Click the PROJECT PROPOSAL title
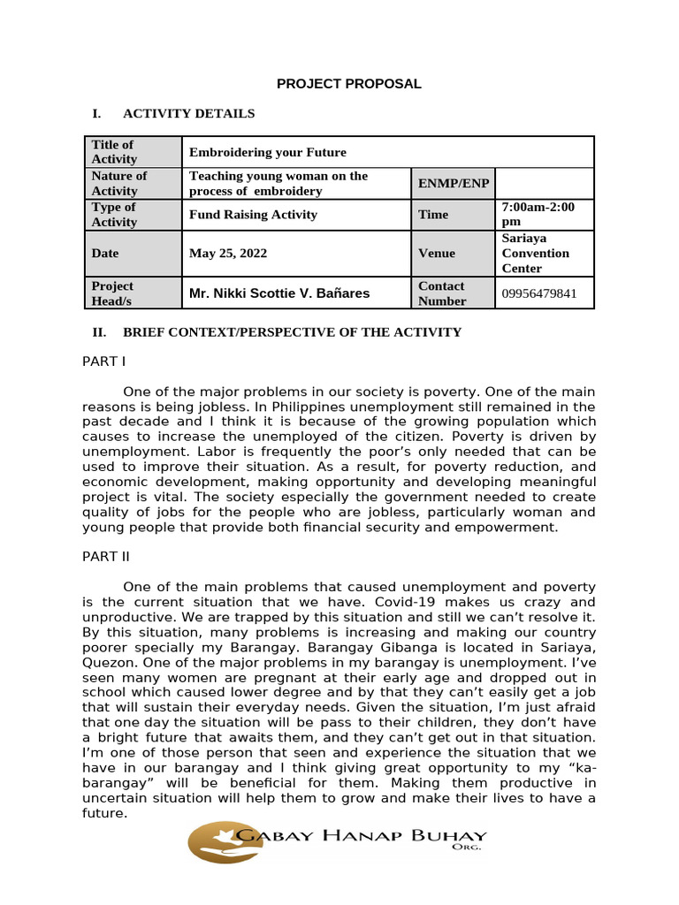(x=348, y=84)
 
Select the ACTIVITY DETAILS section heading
(x=188, y=113)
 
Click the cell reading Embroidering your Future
(x=268, y=152)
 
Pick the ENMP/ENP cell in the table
(x=453, y=183)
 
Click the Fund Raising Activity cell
(x=253, y=215)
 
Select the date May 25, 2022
(x=227, y=253)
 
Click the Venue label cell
(x=437, y=253)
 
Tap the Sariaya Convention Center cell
(x=536, y=253)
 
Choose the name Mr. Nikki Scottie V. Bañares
(x=279, y=293)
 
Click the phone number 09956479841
(x=538, y=293)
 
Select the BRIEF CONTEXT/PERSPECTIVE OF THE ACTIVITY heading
(x=292, y=332)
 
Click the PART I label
(x=103, y=361)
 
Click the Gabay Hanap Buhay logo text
(x=363, y=837)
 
